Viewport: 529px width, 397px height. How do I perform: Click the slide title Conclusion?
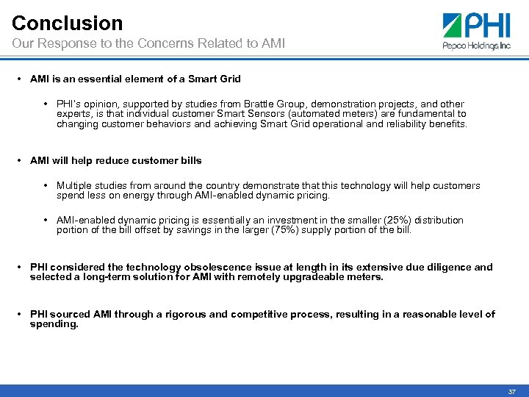coord(67,23)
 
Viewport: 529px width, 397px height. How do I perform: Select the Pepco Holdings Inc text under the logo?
coord(476,46)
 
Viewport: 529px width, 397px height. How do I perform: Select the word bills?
coord(188,160)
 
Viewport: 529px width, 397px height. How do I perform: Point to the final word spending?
coord(53,324)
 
